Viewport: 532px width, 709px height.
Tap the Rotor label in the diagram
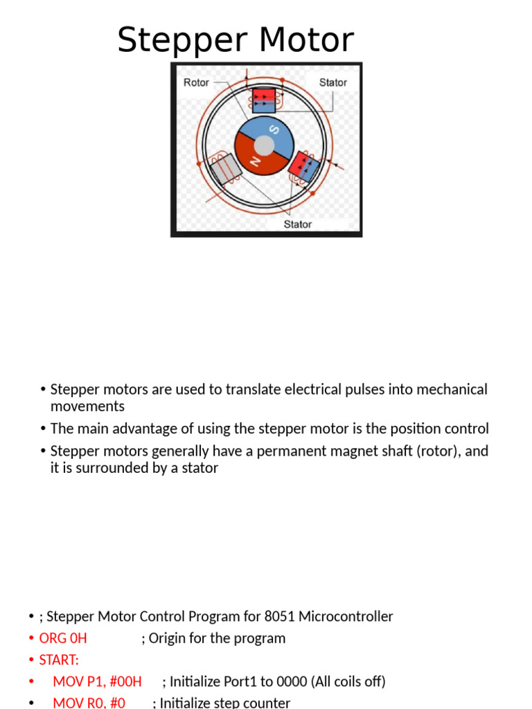pos(196,82)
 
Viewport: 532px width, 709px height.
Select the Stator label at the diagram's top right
pos(332,82)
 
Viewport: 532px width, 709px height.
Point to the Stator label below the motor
pos(298,224)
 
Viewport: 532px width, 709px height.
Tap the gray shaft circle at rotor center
pos(264,146)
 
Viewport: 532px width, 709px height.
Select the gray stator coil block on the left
pos(224,170)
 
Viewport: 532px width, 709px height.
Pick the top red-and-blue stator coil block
pos(264,100)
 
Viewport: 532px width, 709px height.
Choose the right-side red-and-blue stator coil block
pos(303,167)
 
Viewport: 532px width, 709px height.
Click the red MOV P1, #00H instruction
pos(97,682)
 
